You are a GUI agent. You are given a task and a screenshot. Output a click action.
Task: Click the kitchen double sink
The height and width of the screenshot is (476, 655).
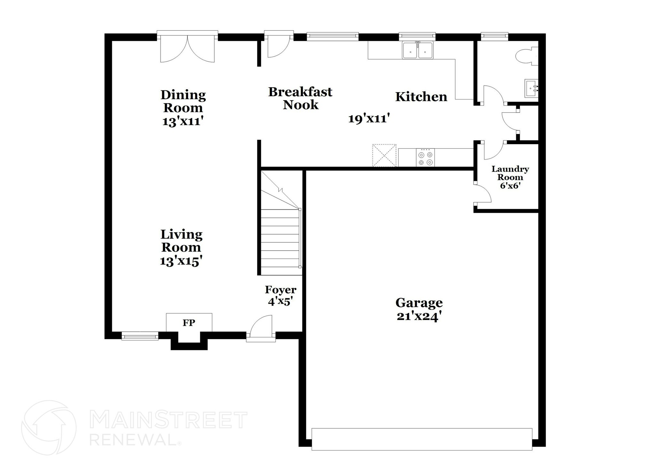click(x=418, y=51)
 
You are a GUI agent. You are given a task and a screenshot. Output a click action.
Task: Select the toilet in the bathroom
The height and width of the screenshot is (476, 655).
click(x=526, y=56)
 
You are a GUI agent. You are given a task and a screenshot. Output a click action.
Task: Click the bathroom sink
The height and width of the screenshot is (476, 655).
click(x=531, y=88)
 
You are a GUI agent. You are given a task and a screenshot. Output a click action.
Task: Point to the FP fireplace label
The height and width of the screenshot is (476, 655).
click(x=189, y=323)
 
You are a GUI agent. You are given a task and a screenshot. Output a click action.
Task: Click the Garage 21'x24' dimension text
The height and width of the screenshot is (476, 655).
click(x=420, y=316)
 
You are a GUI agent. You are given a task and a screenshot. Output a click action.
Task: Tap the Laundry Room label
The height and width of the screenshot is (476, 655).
click(x=510, y=173)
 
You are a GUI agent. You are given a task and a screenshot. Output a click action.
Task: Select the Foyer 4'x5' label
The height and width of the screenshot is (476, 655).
click(x=280, y=296)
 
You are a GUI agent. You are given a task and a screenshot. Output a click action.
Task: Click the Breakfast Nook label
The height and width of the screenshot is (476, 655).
click(x=300, y=98)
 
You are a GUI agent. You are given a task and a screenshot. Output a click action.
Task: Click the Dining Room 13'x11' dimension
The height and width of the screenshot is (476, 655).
click(x=183, y=121)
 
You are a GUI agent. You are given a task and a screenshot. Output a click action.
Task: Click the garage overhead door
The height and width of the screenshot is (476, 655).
click(x=422, y=440)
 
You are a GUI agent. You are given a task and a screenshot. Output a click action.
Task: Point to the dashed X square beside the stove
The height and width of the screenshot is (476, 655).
click(x=384, y=156)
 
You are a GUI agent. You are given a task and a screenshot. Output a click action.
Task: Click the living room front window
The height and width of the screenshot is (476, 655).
click(x=140, y=336)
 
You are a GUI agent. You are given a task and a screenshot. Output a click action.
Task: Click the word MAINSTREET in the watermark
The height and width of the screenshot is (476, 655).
click(x=168, y=420)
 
